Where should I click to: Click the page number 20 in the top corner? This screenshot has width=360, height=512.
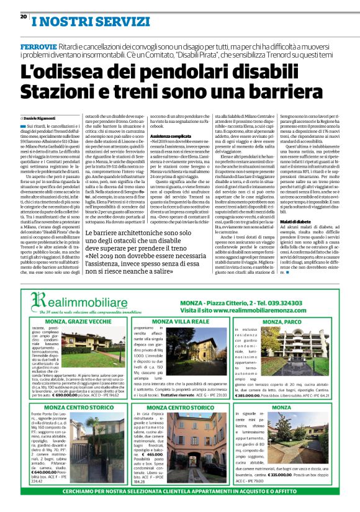(24, 16)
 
